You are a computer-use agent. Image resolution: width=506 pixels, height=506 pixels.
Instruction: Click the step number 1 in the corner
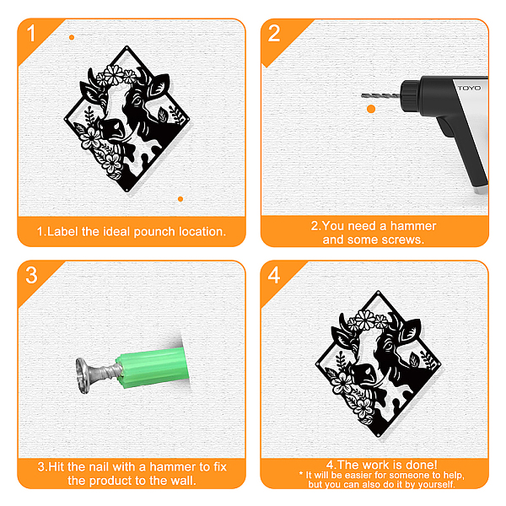click(31, 33)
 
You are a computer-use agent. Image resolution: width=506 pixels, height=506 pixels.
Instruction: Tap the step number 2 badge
click(274, 33)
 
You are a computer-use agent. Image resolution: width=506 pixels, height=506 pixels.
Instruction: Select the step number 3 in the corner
click(31, 275)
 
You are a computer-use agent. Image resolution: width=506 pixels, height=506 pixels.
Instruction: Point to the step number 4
click(274, 275)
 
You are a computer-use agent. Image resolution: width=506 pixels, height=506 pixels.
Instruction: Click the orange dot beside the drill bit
click(371, 109)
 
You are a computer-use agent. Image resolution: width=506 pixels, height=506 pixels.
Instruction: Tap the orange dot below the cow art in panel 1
click(180, 199)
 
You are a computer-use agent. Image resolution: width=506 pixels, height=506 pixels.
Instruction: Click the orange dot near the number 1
click(72, 37)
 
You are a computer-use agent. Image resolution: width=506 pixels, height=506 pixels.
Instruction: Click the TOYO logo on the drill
click(469, 88)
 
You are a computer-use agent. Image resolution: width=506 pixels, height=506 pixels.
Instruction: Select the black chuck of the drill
click(411, 96)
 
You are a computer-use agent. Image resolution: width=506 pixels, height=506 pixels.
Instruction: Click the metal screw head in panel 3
click(83, 375)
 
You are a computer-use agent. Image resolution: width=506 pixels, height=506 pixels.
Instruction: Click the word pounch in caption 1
click(154, 232)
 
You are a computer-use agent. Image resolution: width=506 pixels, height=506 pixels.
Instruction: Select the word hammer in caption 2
click(413, 226)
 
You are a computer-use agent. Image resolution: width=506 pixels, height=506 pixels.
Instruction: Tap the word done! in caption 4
click(422, 465)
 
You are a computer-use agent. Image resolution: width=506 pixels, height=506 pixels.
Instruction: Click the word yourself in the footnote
click(438, 484)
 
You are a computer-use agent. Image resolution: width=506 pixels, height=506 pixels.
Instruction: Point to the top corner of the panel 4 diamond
click(378, 292)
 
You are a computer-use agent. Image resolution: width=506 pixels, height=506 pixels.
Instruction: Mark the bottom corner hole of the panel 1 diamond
click(126, 190)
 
